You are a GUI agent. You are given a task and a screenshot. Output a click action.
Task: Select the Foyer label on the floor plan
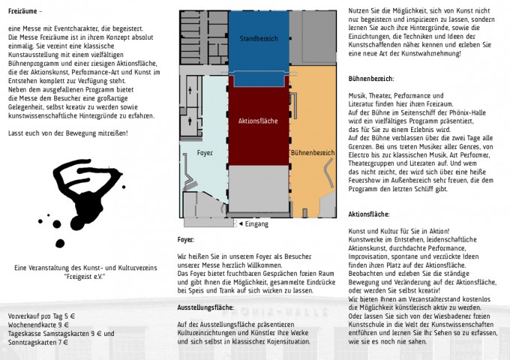205,152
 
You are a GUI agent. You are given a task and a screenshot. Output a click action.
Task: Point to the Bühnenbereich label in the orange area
312,152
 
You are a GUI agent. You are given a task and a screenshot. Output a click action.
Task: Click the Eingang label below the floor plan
257,223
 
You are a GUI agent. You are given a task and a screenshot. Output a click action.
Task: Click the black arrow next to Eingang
241,223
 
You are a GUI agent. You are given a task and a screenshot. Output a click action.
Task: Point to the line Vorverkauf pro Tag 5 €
42,316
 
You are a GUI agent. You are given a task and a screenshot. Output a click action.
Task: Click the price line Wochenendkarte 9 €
37,325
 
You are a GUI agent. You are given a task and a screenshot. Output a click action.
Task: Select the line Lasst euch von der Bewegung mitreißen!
67,133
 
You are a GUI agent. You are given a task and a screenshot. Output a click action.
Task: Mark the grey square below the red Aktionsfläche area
258,188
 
